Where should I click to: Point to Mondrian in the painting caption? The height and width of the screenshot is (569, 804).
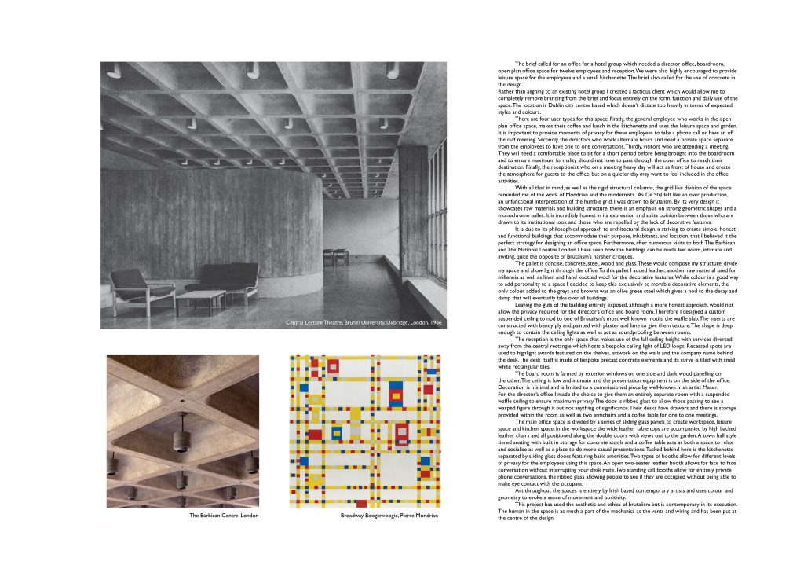point(424,516)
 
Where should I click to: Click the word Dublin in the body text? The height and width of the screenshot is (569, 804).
point(550,104)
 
